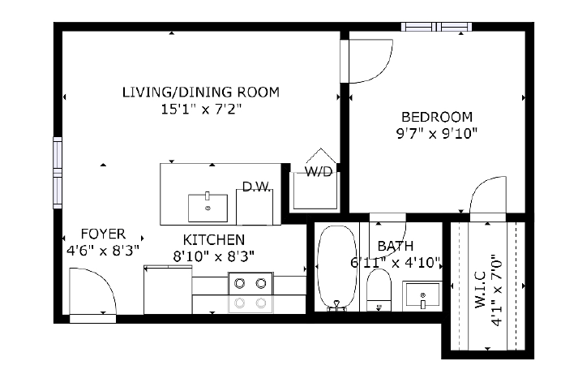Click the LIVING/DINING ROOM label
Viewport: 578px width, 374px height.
(x=201, y=92)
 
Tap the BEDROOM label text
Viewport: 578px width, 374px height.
(x=437, y=117)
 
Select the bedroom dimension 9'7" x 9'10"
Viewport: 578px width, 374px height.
(x=437, y=133)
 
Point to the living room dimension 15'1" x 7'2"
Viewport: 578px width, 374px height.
(x=201, y=110)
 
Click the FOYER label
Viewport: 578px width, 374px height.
(x=103, y=234)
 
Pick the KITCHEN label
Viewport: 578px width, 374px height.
(x=214, y=240)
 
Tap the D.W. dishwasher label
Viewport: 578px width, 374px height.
(x=257, y=187)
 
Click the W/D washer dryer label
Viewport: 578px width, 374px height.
(x=319, y=171)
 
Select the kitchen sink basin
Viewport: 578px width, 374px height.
(x=208, y=208)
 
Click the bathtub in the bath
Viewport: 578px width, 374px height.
(x=337, y=266)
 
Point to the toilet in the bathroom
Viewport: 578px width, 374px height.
(x=379, y=290)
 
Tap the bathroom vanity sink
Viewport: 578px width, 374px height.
(x=422, y=294)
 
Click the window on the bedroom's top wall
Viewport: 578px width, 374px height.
(x=436, y=27)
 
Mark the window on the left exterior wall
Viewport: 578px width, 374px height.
(x=58, y=173)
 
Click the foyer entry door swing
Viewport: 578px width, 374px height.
(x=92, y=291)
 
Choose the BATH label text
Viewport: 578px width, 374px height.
(x=396, y=246)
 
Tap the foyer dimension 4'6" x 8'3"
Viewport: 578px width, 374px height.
(x=103, y=251)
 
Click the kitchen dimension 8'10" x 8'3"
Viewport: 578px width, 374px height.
(x=214, y=256)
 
